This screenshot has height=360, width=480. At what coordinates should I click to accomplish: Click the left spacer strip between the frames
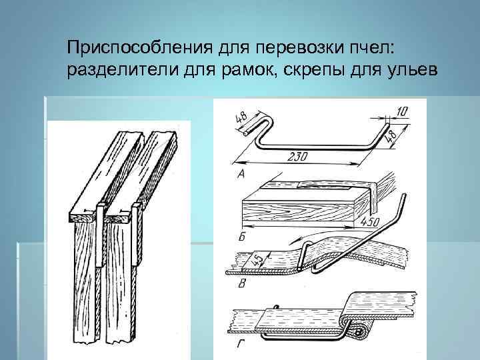[x=99, y=237]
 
